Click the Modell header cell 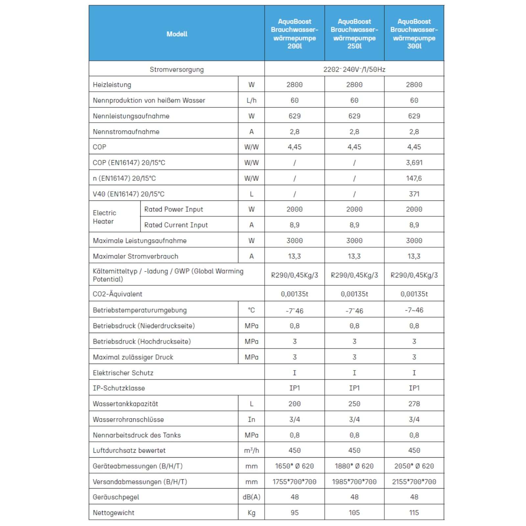pos(177,34)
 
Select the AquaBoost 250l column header pos(354,34)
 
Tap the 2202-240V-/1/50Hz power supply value pos(354,69)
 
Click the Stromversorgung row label pos(177,69)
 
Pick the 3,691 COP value pos(414,162)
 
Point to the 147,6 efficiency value pos(414,178)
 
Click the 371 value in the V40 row pos(414,194)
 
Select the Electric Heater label pos(105,217)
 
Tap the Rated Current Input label pos(176,225)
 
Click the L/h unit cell pos(251,100)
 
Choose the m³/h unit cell pos(251,450)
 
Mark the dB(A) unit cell pos(251,497)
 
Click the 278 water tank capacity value pos(414,404)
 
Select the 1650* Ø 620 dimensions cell pos(294,466)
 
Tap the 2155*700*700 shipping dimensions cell pos(414,482)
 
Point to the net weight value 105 pos(354,513)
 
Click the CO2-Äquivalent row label pos(117,294)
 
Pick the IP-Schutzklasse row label pos(119,388)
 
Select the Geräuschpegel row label pos(116,497)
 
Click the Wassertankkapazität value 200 pos(294,404)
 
